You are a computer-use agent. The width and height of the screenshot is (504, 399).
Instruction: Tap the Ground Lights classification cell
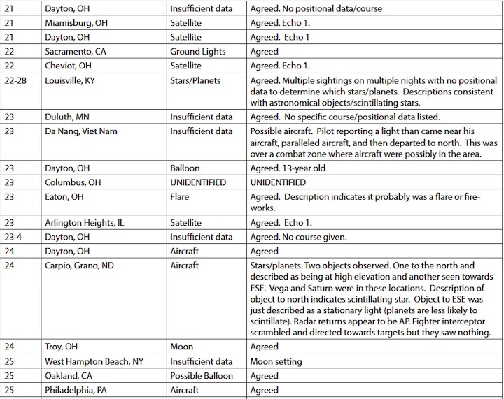click(198, 51)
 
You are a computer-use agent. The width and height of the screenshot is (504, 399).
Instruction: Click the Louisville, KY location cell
click(71, 80)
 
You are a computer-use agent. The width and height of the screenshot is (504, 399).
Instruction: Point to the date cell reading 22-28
click(15, 80)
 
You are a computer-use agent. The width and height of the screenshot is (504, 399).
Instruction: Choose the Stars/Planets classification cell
click(195, 80)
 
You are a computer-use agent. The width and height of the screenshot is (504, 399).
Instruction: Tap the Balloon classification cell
click(185, 168)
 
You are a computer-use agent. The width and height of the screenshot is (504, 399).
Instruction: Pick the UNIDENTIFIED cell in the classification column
click(198, 182)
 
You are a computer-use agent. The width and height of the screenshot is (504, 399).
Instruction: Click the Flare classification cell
click(180, 196)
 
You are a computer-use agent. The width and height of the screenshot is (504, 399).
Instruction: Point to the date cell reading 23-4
click(14, 237)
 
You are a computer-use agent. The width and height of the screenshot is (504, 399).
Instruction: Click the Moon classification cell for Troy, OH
click(182, 347)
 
